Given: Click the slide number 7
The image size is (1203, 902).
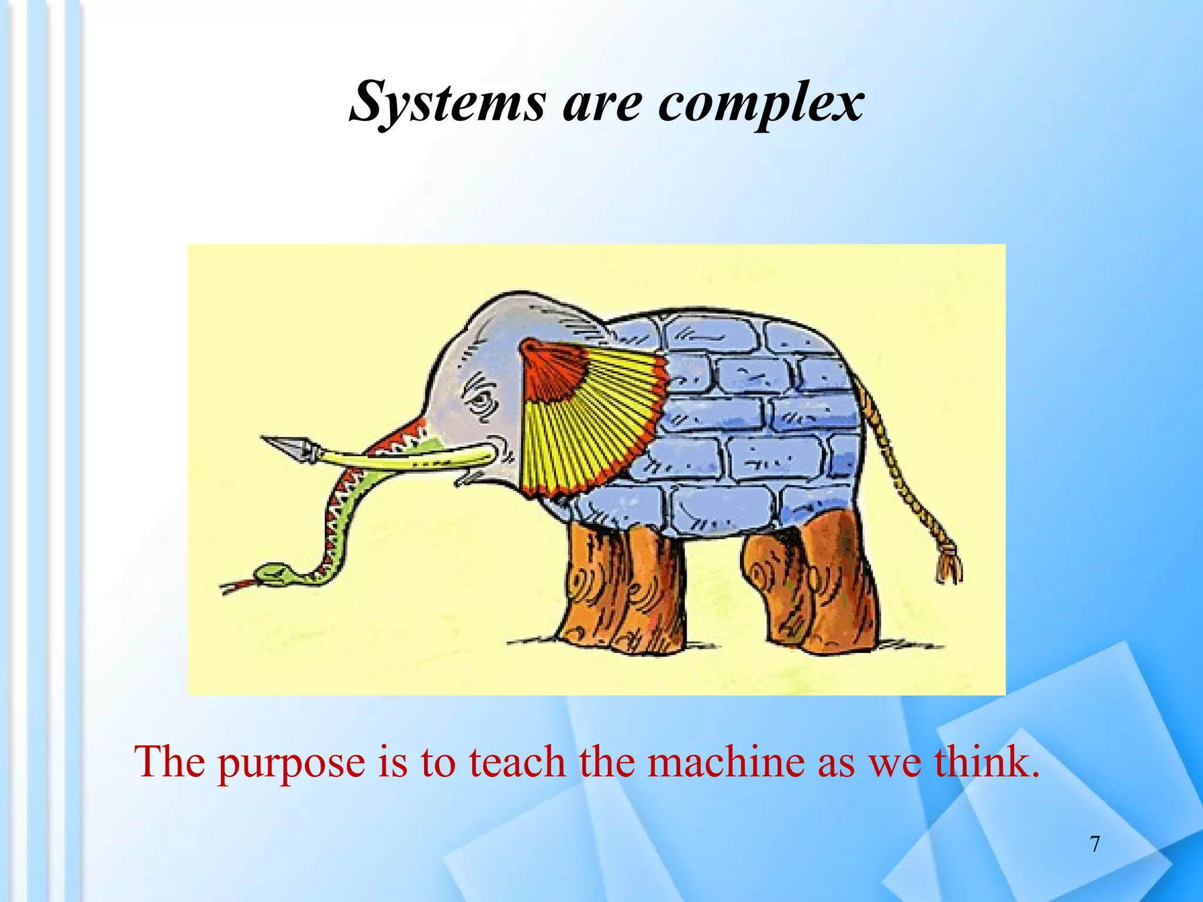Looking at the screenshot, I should [x=1095, y=844].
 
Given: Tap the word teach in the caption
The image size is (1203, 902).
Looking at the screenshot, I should [x=517, y=762].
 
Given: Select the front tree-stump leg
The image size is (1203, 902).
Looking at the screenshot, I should [x=623, y=587].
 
